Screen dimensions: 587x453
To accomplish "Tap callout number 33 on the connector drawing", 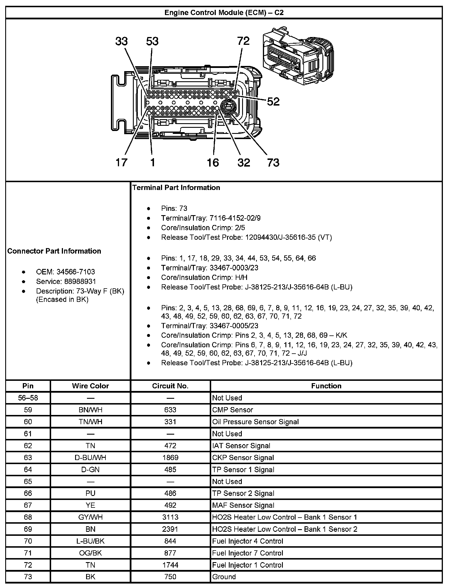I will click(x=121, y=41).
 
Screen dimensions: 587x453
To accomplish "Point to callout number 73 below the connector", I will click(x=273, y=163).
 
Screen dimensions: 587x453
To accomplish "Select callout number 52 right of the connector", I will click(x=273, y=101).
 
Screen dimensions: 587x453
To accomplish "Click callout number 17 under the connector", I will click(x=121, y=163).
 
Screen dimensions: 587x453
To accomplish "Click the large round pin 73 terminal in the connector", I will click(x=229, y=107).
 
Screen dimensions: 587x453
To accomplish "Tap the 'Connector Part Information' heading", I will click(x=54, y=251).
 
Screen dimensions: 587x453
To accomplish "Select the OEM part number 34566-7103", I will click(x=76, y=272).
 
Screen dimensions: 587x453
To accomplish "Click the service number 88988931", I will click(x=76, y=281).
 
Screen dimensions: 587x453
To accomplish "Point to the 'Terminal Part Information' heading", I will click(x=176, y=188).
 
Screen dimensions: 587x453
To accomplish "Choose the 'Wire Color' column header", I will click(x=90, y=386).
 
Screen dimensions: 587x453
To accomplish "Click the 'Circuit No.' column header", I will click(x=170, y=386).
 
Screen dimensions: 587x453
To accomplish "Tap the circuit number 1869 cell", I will click(x=170, y=457).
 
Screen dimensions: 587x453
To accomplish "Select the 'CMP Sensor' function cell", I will click(x=233, y=410).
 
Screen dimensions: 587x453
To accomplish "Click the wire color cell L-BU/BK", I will click(x=90, y=541).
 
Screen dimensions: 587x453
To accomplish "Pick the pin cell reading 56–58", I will click(x=28, y=398).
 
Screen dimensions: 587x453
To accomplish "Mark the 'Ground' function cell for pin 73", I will click(x=224, y=577).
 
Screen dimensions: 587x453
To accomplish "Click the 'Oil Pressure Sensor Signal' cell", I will click(x=255, y=422).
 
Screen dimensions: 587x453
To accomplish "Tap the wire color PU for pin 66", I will click(x=90, y=493).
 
